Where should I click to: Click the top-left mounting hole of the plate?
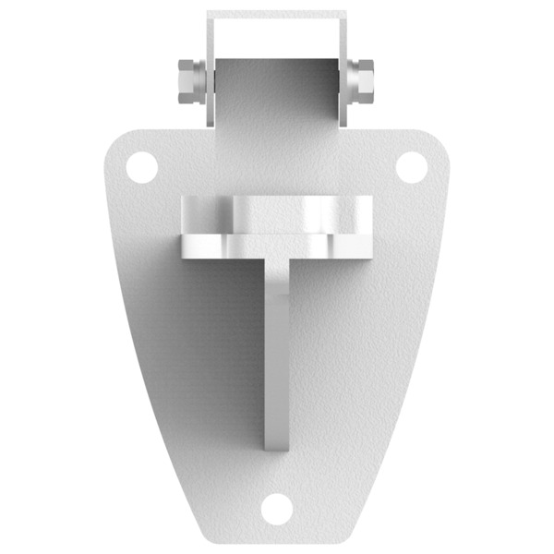[141, 167]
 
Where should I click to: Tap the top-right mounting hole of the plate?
[412, 167]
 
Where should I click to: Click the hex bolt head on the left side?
[187, 81]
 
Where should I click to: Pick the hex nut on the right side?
[362, 81]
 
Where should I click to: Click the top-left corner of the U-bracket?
[209, 13]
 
